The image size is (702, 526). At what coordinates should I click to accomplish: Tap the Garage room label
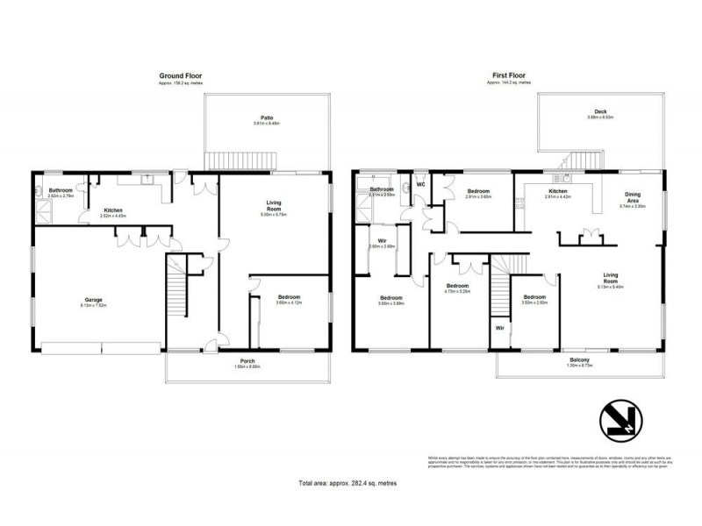coord(94,301)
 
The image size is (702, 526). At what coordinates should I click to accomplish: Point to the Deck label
coord(601,112)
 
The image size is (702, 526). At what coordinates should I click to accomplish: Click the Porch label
coord(248,362)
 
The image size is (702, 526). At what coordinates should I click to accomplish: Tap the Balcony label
coord(579,361)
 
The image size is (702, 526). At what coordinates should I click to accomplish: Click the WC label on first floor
coord(421,185)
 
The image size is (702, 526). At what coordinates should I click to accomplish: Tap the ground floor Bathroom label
coord(61,190)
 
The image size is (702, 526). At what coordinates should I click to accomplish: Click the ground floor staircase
coord(176,298)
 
